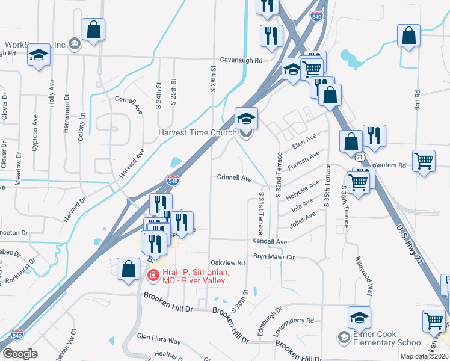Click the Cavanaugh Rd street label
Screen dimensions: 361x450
(x=241, y=61)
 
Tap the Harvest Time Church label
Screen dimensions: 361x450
(x=197, y=133)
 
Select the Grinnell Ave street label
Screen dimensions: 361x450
(x=234, y=178)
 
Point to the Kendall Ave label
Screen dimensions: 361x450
(x=270, y=241)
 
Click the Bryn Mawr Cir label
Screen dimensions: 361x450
(x=274, y=257)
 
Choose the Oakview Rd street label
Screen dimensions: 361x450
(x=227, y=263)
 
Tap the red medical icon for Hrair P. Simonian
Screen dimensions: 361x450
(x=153, y=276)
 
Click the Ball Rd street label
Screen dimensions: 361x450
(x=417, y=103)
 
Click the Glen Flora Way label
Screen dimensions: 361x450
(x=159, y=341)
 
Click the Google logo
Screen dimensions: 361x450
(x=20, y=354)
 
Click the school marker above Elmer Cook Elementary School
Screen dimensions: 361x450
(x=359, y=316)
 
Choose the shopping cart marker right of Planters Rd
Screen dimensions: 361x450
(x=424, y=161)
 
